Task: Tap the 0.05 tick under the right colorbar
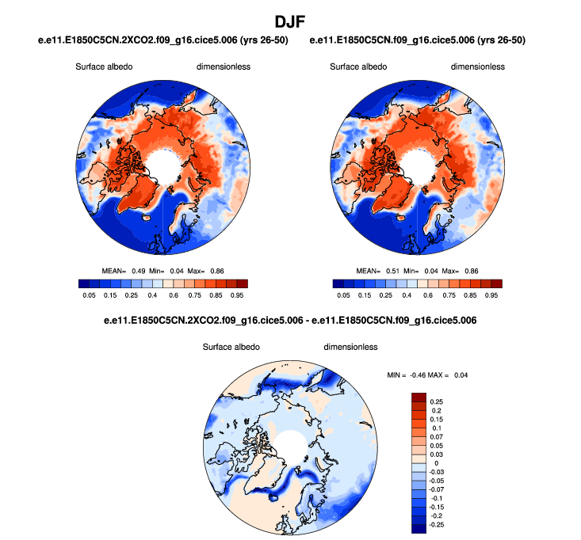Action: click(x=343, y=295)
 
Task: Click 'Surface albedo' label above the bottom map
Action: click(x=232, y=347)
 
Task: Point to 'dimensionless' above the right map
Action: click(x=478, y=67)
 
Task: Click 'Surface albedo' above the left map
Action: click(x=105, y=67)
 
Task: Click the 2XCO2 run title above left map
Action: click(x=163, y=40)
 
